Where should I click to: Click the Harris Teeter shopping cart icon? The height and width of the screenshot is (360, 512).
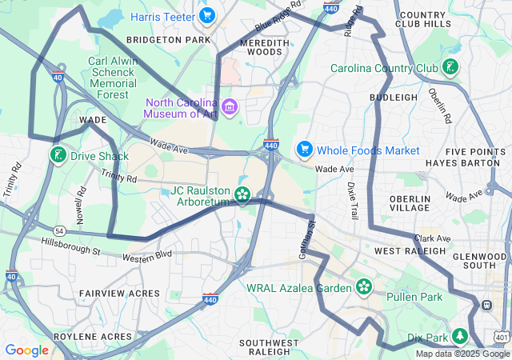[x=207, y=15]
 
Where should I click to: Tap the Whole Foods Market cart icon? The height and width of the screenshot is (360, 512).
[x=304, y=150]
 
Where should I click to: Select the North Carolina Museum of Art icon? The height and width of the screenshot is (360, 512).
[x=230, y=106]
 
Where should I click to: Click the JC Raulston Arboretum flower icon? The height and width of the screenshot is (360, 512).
[x=242, y=194]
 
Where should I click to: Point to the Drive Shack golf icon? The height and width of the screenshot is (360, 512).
[x=58, y=155]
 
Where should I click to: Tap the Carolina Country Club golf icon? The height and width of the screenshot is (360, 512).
[x=451, y=68]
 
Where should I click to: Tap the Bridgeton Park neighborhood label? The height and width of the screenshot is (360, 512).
[x=168, y=39]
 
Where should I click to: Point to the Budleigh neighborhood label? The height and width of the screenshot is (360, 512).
[x=394, y=97]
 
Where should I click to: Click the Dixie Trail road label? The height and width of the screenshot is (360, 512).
[x=353, y=201]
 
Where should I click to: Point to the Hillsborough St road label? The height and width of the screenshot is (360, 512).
[x=70, y=245]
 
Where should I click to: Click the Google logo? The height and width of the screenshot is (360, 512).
[x=27, y=350]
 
